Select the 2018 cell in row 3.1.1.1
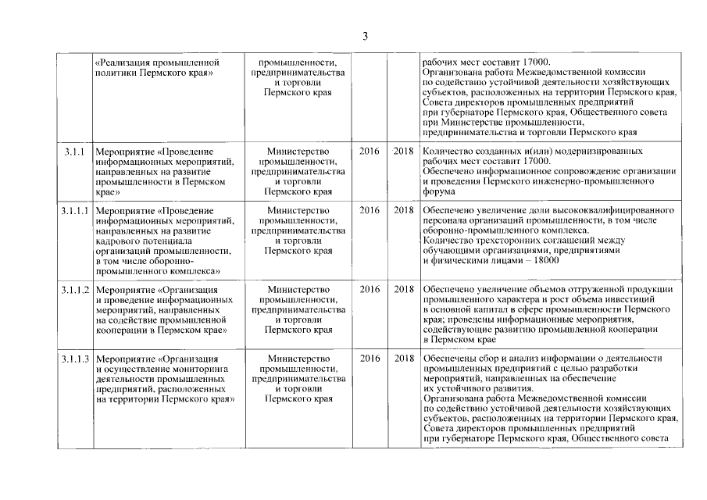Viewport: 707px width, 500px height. (404, 211)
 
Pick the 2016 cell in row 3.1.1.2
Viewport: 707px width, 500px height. (370, 290)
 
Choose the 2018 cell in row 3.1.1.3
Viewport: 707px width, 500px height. (404, 359)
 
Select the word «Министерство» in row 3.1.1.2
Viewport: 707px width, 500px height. (298, 290)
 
